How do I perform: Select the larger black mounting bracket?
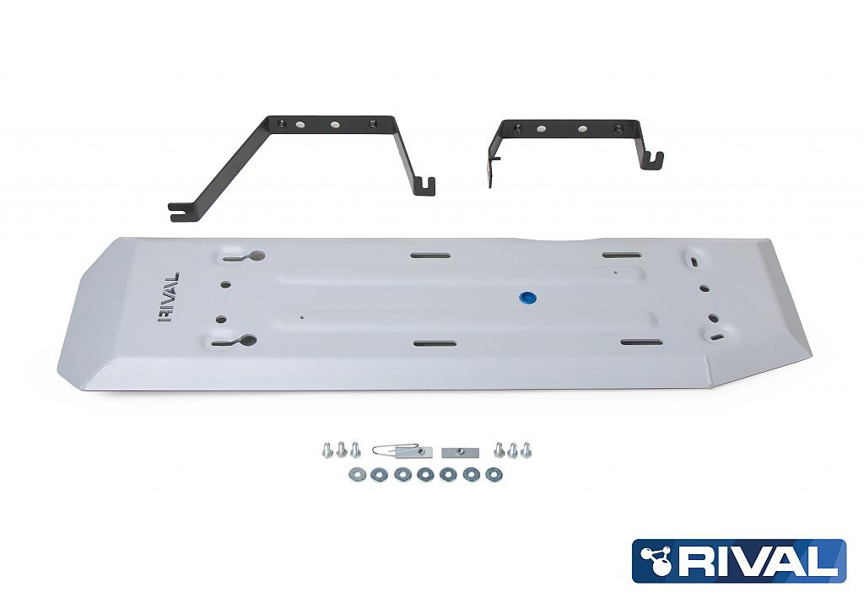[x=304, y=160]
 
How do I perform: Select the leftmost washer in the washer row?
[x=354, y=475]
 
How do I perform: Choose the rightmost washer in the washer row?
[x=494, y=475]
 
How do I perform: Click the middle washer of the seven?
[x=424, y=475]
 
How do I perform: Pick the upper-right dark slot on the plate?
[x=620, y=254]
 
